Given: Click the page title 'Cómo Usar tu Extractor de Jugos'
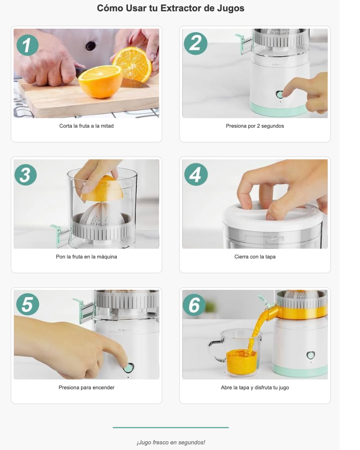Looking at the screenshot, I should click(170, 8).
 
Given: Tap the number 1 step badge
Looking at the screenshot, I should click(27, 45).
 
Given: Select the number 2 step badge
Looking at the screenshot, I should click(196, 44).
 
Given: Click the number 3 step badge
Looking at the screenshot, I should click(26, 175).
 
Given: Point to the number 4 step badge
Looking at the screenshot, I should click(196, 174).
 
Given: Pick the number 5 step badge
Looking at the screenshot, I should click(28, 304).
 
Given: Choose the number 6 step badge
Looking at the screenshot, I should click(194, 305).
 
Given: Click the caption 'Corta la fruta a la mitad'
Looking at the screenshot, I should click(86, 126).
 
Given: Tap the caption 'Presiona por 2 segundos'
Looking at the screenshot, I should click(255, 126).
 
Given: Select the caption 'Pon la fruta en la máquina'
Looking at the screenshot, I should click(86, 257).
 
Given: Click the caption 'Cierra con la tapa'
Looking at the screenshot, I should click(255, 257).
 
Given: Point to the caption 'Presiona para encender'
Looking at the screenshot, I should click(86, 387).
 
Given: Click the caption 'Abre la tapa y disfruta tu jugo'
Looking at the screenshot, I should click(255, 387).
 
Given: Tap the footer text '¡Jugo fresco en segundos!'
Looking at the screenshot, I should click(171, 442).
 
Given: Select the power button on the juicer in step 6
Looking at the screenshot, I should click(310, 355).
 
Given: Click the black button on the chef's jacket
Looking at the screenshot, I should click(90, 46).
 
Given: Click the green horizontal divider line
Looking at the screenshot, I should click(171, 427).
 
